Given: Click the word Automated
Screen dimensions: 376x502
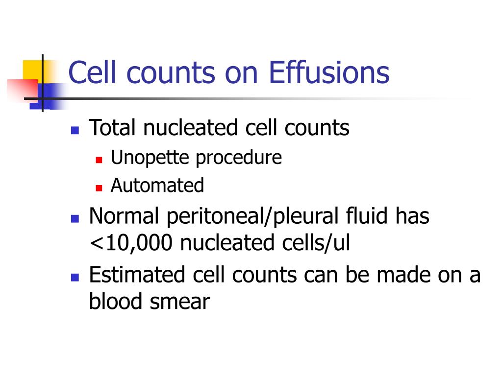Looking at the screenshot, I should [157, 186].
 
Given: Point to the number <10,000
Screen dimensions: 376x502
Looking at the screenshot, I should [131, 243].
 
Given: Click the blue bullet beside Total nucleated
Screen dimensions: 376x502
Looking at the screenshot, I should [75, 131].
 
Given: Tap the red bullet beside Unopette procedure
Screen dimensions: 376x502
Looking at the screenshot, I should [99, 160].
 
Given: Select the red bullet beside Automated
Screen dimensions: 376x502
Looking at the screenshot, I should [99, 188].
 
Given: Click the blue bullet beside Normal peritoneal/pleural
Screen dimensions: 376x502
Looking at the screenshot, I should [75, 218].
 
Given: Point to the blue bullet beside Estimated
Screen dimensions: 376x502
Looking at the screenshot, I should [75, 277].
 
